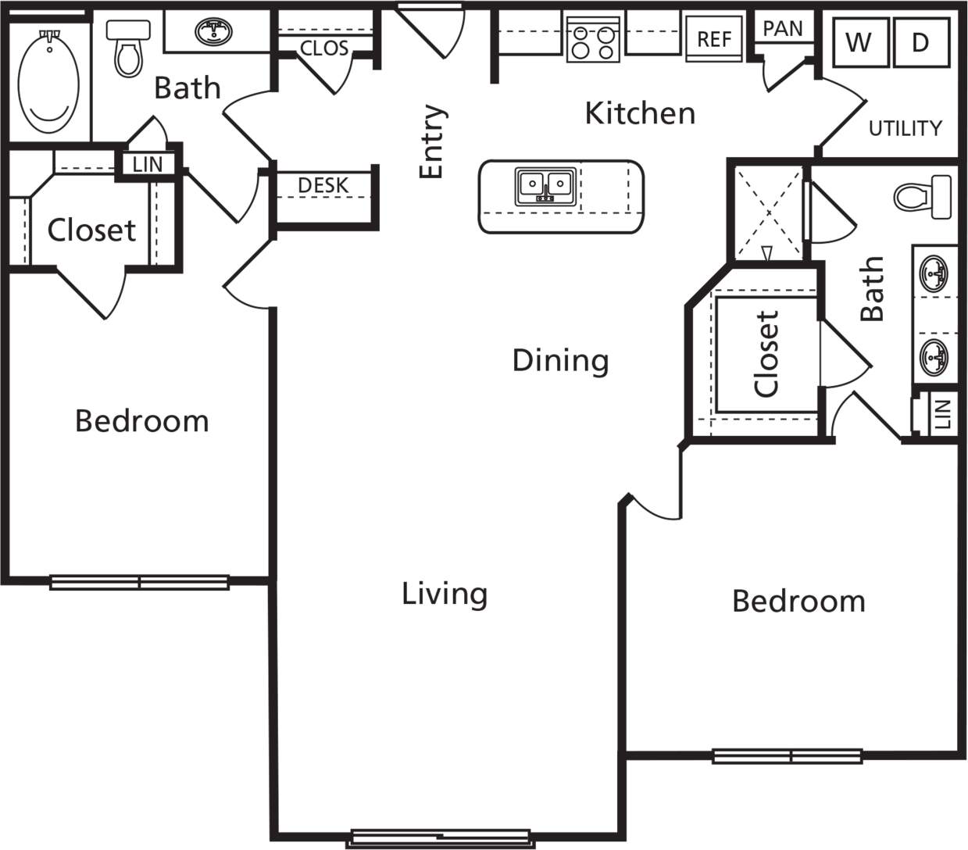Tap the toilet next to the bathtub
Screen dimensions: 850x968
[128, 48]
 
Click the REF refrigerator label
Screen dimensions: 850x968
[714, 39]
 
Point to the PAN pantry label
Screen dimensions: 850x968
[782, 29]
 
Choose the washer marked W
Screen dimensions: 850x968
[859, 42]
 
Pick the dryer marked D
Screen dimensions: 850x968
[920, 42]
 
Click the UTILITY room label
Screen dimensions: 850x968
[905, 128]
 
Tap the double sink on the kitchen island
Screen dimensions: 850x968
[545, 186]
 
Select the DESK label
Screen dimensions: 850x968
[323, 186]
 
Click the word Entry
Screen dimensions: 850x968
[432, 141]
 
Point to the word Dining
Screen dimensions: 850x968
[560, 360]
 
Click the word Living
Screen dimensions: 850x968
[445, 594]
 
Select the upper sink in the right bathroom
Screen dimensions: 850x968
[934, 273]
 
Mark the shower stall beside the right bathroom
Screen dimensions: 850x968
[768, 212]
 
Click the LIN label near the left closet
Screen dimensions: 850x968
[148, 164]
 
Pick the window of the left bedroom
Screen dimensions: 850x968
[139, 582]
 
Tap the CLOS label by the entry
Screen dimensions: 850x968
[323, 48]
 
